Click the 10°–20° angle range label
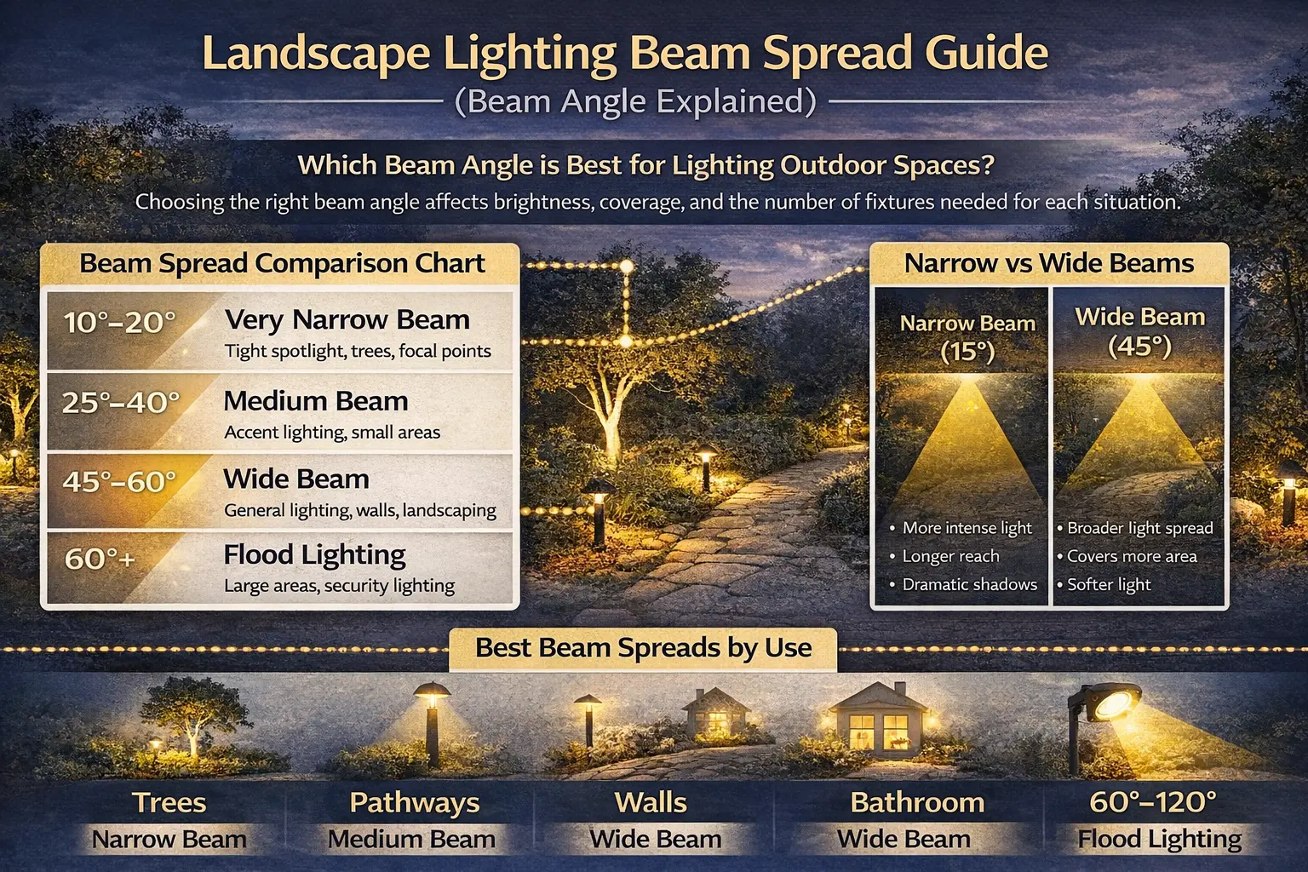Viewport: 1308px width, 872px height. (120, 323)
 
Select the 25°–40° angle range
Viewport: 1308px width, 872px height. (121, 403)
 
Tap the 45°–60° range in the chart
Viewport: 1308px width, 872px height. (120, 482)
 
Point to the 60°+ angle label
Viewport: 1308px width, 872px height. (100, 559)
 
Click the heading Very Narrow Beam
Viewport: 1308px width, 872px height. (347, 319)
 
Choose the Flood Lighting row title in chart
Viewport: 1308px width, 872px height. (315, 555)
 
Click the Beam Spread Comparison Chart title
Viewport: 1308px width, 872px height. (282, 263)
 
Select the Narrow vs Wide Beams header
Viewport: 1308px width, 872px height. (1049, 263)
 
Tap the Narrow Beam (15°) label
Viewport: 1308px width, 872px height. (967, 337)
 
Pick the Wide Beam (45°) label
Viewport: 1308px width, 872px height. (1140, 331)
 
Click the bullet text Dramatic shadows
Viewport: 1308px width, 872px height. (970, 585)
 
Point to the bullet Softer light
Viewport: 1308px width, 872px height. (1109, 585)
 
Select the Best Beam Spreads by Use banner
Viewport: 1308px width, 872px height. (643, 648)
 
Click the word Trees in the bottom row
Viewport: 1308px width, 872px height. (169, 802)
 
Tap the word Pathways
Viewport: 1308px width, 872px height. (415, 803)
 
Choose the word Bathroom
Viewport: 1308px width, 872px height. (917, 802)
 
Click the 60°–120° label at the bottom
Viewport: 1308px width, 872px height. (1153, 802)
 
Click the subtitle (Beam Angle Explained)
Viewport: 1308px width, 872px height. (635, 101)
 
